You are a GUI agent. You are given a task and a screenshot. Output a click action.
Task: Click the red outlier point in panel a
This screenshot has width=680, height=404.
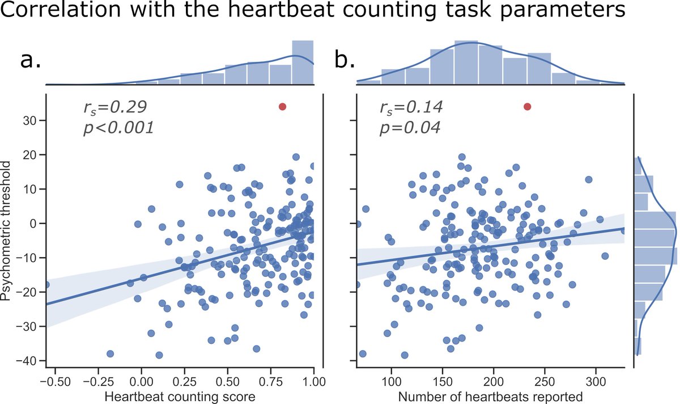282,107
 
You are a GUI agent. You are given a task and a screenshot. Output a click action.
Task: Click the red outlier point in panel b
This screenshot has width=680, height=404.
527,107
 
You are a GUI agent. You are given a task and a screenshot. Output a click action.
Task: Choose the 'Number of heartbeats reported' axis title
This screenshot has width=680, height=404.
491,396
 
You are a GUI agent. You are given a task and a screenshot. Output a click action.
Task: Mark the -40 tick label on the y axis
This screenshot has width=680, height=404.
24,361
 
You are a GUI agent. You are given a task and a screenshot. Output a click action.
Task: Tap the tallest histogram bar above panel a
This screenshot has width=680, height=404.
303,62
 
